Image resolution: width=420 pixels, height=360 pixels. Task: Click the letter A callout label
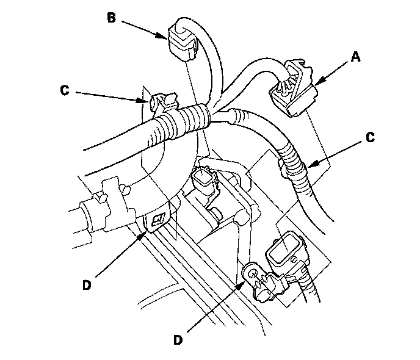356,57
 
